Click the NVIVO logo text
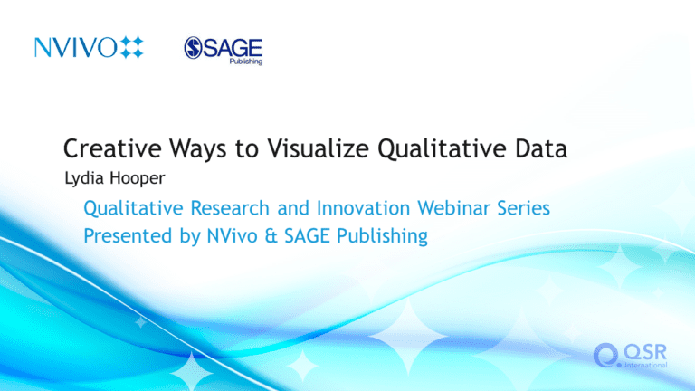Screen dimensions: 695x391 [x=76, y=47]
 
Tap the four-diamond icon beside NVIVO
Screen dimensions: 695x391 [x=132, y=47]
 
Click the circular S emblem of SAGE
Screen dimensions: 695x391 [x=194, y=48]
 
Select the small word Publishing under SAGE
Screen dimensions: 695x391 [x=246, y=62]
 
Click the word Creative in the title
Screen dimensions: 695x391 [x=112, y=148]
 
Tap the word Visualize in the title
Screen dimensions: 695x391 [x=319, y=148]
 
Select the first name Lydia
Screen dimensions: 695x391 [x=85, y=178]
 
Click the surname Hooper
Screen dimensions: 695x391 [x=137, y=178]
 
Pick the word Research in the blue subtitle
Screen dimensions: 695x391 [x=230, y=208]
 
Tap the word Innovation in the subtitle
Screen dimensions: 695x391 [x=364, y=208]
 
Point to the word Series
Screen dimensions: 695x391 [x=523, y=208]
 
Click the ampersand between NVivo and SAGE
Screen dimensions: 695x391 [x=271, y=236]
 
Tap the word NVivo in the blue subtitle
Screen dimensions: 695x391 [x=233, y=235]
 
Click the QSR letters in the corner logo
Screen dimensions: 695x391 [x=645, y=353]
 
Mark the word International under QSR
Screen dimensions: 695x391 [x=646, y=365]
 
